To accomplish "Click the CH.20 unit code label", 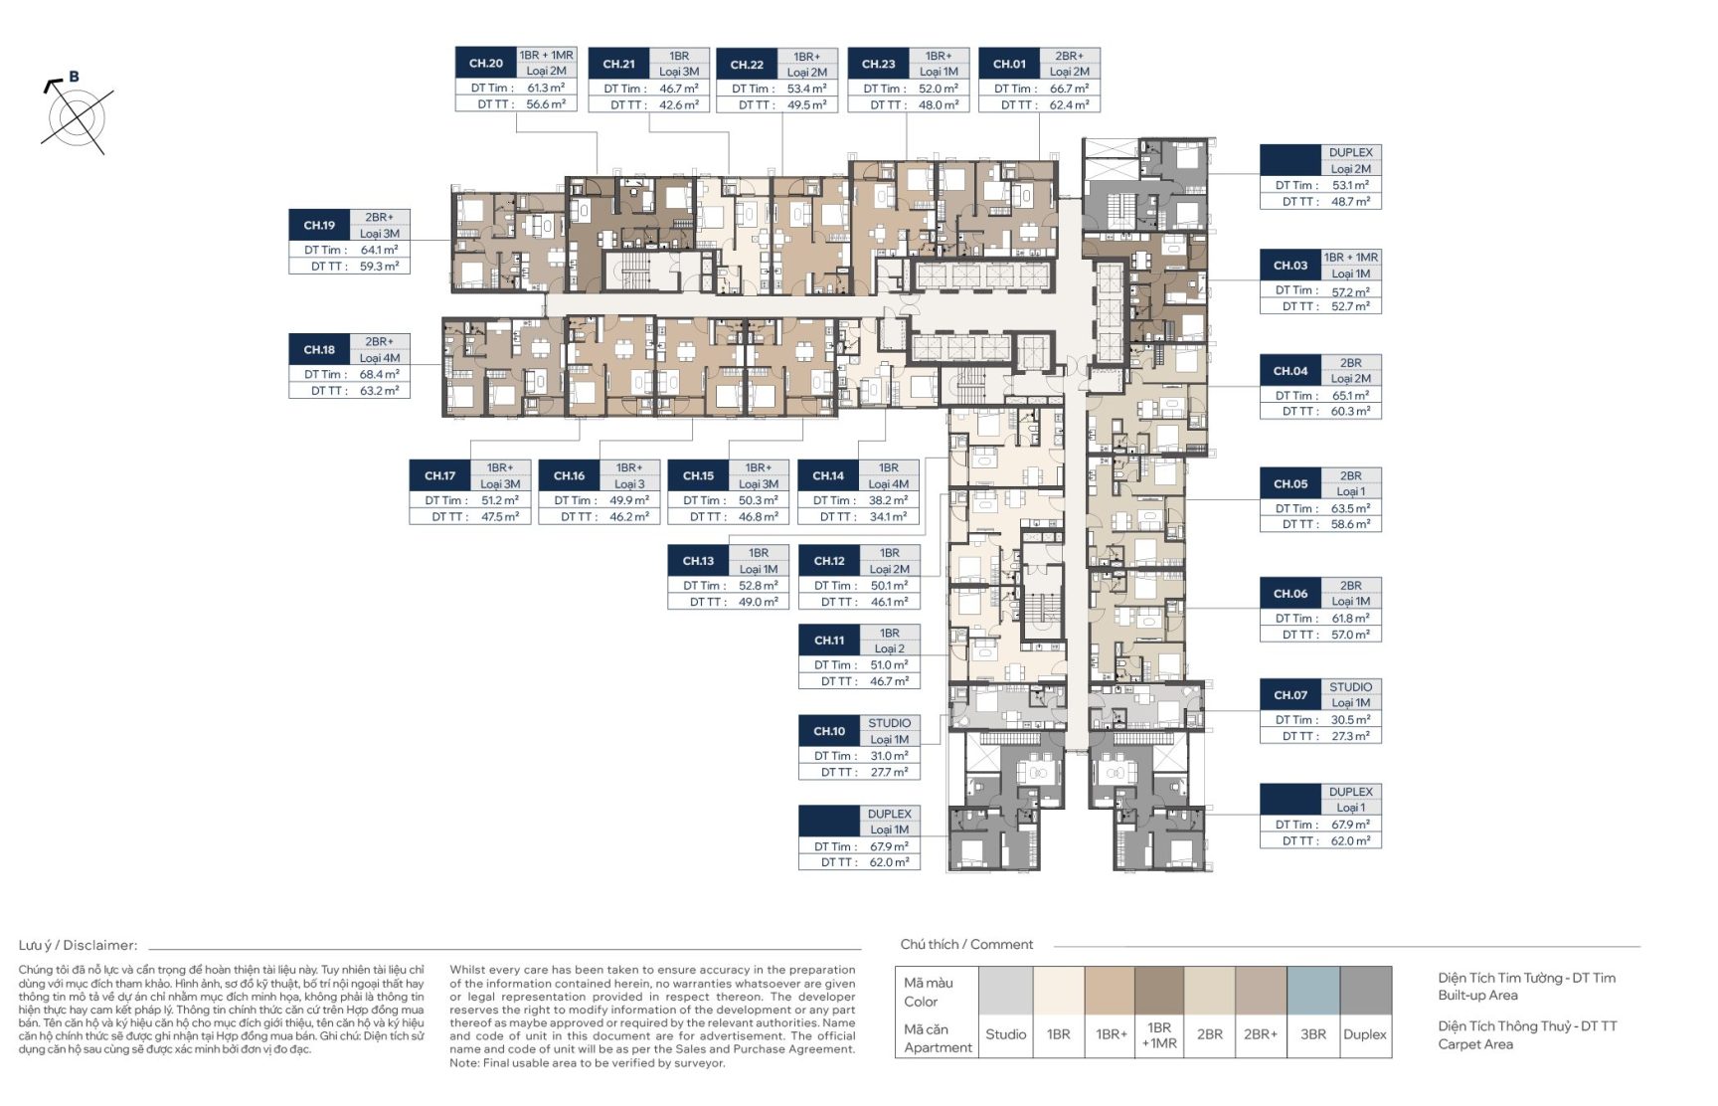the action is click(486, 64).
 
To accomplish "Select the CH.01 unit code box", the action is click(1009, 64).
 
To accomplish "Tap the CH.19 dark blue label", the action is click(319, 226).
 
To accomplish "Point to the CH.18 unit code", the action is click(319, 350).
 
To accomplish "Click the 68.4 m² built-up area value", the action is click(380, 375).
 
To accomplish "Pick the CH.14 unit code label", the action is click(828, 475).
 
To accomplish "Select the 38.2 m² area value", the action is click(888, 500).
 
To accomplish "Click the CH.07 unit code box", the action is click(1290, 695).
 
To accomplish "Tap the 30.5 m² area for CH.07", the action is click(1350, 720).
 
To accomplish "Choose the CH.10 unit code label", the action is click(829, 731).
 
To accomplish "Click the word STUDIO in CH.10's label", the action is click(889, 723).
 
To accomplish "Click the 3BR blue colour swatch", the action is click(1313, 992).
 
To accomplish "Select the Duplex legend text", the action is click(1365, 1034).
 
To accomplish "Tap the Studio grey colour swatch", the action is click(1006, 992).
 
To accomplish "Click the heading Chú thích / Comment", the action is click(966, 945).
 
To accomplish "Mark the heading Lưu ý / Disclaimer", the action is click(78, 946).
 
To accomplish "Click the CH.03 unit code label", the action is click(1290, 266).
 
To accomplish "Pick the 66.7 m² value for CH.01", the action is click(1069, 89).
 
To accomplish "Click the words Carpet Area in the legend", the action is click(1475, 1044).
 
